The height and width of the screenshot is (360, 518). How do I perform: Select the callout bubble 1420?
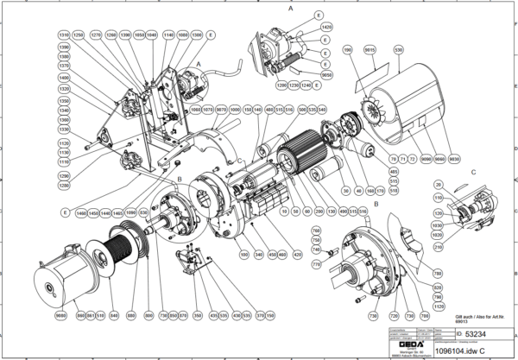click(x=326, y=28)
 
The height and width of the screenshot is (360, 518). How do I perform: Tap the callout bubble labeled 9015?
click(x=370, y=52)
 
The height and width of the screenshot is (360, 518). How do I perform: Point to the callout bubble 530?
click(x=398, y=52)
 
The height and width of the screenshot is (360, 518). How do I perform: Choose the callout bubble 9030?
click(x=454, y=160)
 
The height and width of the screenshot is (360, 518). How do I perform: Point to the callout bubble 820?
click(x=436, y=287)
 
